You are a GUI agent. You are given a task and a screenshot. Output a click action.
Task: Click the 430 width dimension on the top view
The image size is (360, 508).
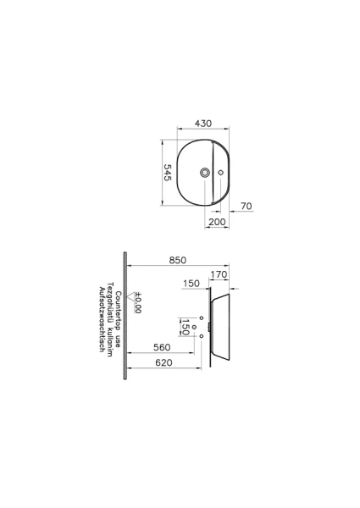coord(203,123)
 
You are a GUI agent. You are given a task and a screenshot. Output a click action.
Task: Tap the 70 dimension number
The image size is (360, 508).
coord(246,206)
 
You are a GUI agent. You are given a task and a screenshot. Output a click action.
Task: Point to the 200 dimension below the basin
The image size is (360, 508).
coord(217,220)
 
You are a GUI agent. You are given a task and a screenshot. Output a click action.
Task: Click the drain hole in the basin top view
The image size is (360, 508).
coord(204,173)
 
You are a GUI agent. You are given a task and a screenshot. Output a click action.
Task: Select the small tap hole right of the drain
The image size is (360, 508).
coord(221,173)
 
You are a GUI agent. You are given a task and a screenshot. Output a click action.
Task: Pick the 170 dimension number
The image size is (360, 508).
coord(219,273)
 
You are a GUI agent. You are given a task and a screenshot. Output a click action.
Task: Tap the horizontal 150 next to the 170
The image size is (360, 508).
coord(191,284)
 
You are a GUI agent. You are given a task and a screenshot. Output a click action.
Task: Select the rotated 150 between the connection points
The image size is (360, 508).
coord(185,326)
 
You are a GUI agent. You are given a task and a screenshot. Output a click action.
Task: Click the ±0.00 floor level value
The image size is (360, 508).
coord(138,303)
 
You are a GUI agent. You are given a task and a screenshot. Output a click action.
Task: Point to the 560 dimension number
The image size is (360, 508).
coord(164,347)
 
